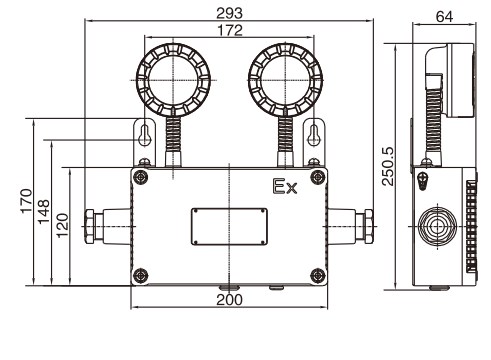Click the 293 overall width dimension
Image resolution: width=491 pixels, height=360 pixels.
pyautogui.click(x=229, y=13)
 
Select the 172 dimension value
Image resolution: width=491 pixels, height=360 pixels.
pyautogui.click(x=230, y=30)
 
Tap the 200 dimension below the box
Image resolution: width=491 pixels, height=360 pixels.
pyautogui.click(x=229, y=300)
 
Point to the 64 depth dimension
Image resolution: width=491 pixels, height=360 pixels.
pyautogui.click(x=444, y=16)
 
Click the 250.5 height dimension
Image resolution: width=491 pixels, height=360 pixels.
pyautogui.click(x=388, y=166)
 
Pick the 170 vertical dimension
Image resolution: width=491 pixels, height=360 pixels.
pyautogui.click(x=26, y=201)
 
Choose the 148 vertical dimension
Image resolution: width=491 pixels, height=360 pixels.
pyautogui.click(x=44, y=212)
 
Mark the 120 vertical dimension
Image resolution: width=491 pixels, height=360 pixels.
pyautogui.click(x=62, y=225)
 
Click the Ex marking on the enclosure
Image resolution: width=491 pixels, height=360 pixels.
pyautogui.click(x=285, y=187)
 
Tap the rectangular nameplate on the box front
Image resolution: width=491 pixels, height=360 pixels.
pyautogui.click(x=229, y=227)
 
